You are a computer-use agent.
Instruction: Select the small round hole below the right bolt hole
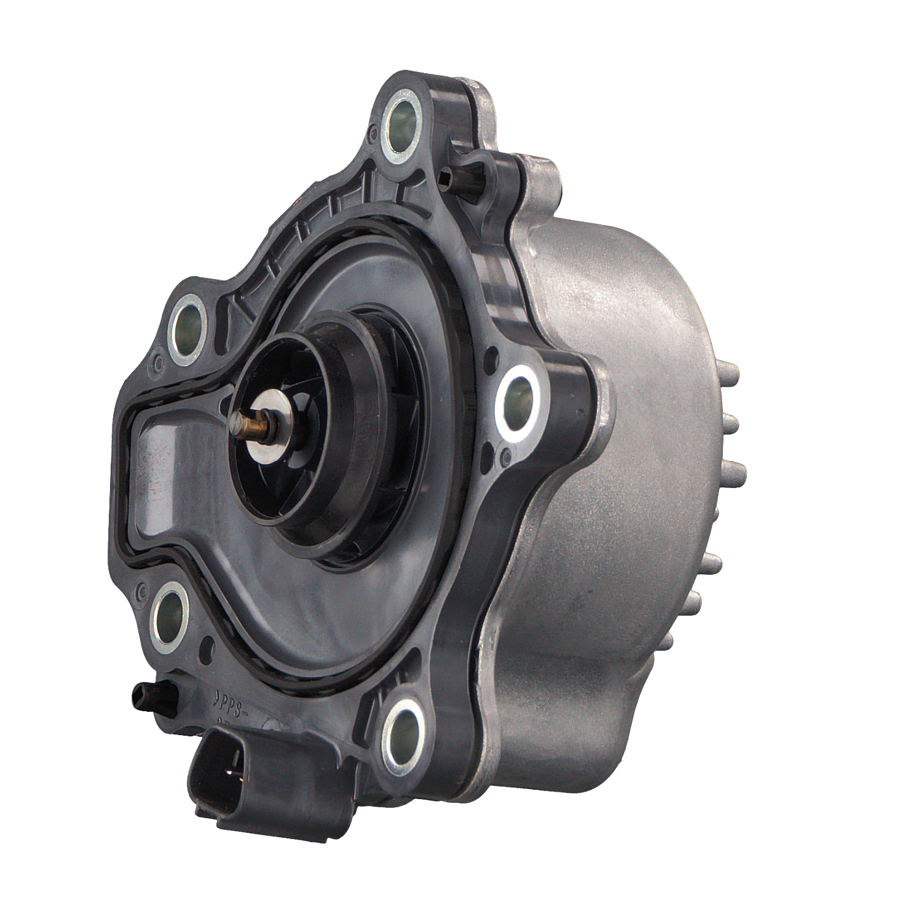(x=505, y=457)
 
